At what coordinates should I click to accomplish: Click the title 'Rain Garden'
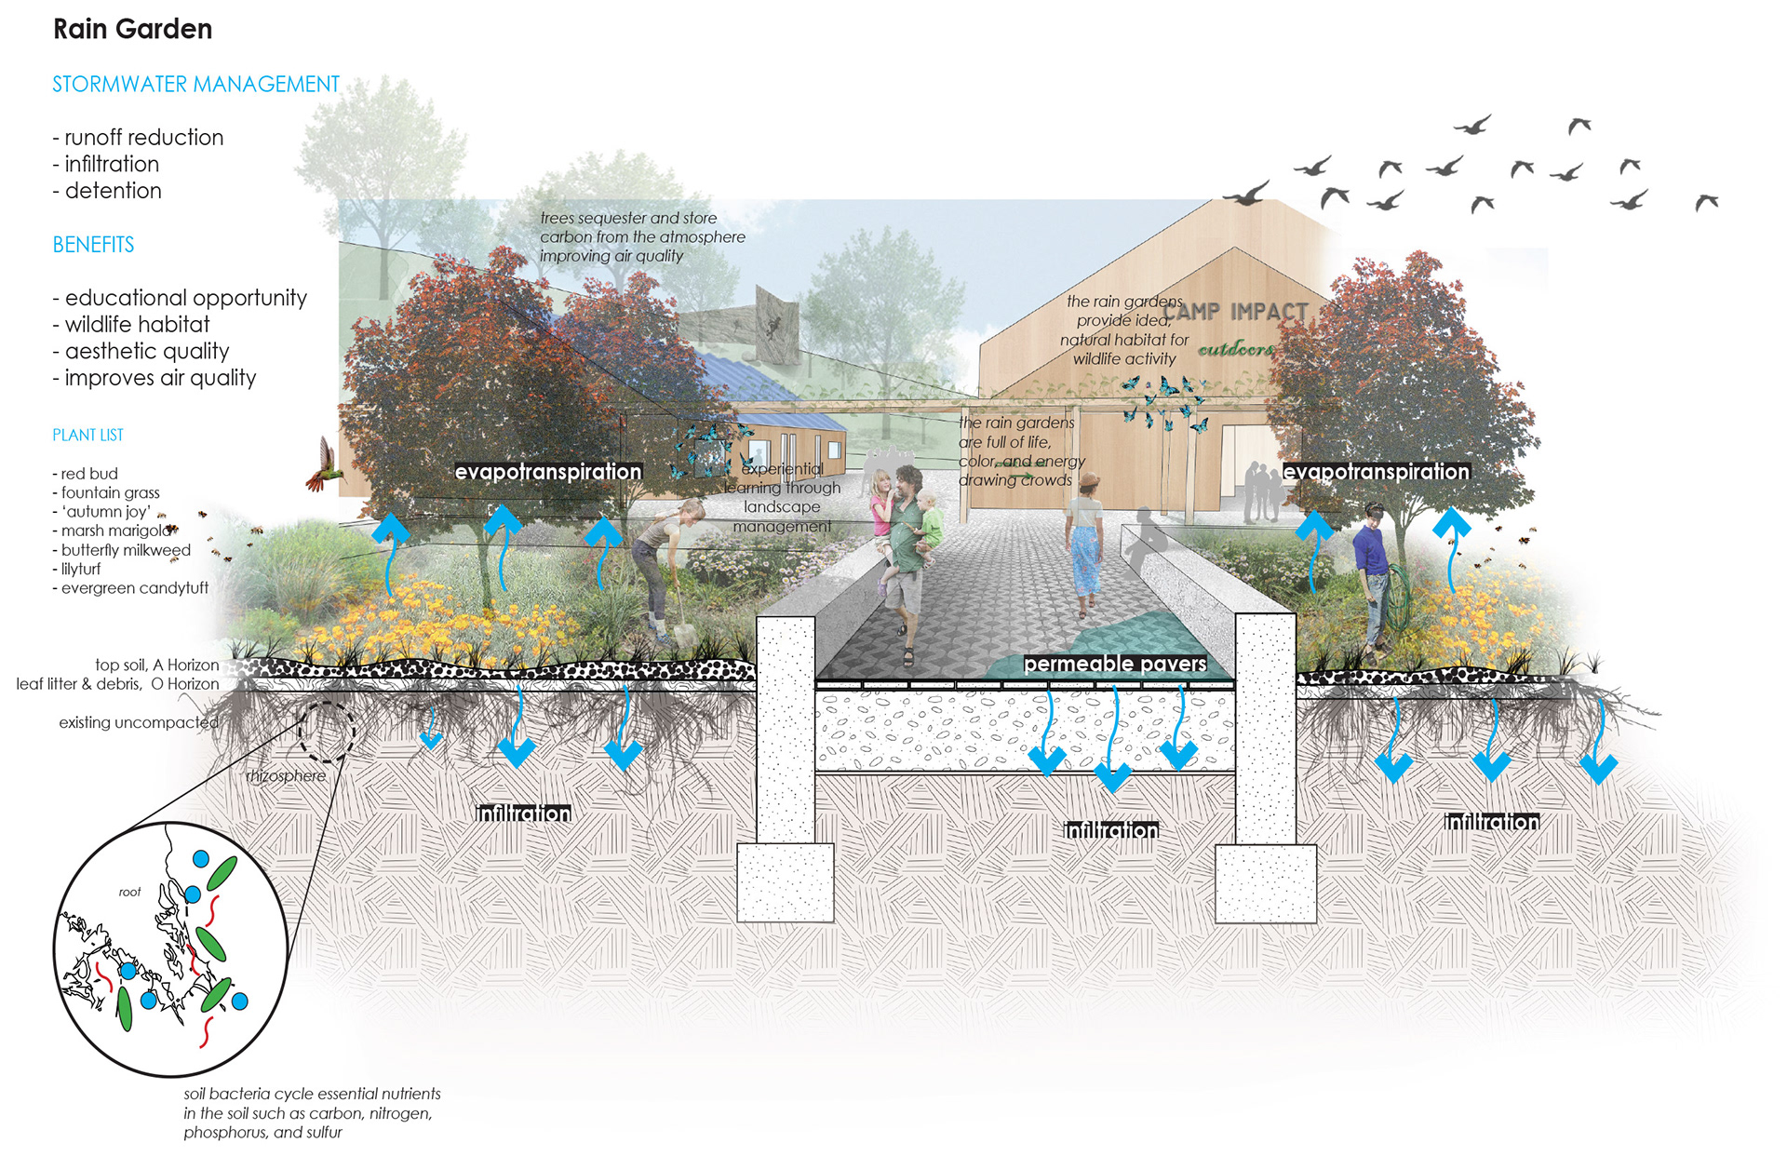click(132, 30)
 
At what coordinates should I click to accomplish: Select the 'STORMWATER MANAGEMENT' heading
click(195, 85)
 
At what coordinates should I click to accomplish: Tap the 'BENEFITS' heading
click(93, 245)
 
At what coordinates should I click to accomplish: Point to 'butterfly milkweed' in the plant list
click(126, 550)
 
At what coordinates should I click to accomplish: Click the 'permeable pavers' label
click(1114, 664)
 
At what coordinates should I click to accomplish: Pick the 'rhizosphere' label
click(286, 776)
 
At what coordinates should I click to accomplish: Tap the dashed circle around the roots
click(326, 732)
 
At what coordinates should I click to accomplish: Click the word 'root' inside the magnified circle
click(129, 892)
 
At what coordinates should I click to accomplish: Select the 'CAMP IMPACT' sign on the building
click(1236, 312)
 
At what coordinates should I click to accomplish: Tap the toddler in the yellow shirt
click(928, 521)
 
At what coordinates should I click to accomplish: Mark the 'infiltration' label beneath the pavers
click(1111, 829)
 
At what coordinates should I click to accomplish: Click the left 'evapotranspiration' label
click(548, 472)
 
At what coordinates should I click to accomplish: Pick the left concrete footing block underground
click(785, 881)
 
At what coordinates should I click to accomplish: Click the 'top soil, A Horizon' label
click(156, 665)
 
